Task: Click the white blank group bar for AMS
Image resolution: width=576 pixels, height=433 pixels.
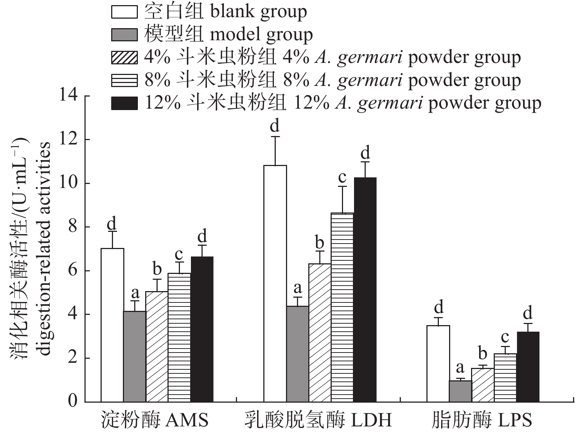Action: [112, 325]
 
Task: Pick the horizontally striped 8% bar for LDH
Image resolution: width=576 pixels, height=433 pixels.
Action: [342, 307]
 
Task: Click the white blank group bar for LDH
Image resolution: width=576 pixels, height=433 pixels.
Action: [275, 283]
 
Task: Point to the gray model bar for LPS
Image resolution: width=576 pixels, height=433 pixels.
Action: [460, 391]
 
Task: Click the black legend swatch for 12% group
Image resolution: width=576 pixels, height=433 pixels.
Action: [124, 103]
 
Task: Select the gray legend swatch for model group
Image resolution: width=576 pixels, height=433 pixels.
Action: [124, 35]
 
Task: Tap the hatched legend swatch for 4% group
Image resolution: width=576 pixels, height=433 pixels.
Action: [124, 58]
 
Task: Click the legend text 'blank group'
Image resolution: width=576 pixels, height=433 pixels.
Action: [259, 12]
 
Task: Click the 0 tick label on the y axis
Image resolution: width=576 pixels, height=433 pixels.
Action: [73, 402]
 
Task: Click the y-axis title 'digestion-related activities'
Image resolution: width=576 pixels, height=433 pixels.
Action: [44, 249]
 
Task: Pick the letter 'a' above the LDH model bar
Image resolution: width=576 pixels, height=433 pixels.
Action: [298, 288]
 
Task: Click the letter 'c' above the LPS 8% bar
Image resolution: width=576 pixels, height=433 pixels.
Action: [505, 337]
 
